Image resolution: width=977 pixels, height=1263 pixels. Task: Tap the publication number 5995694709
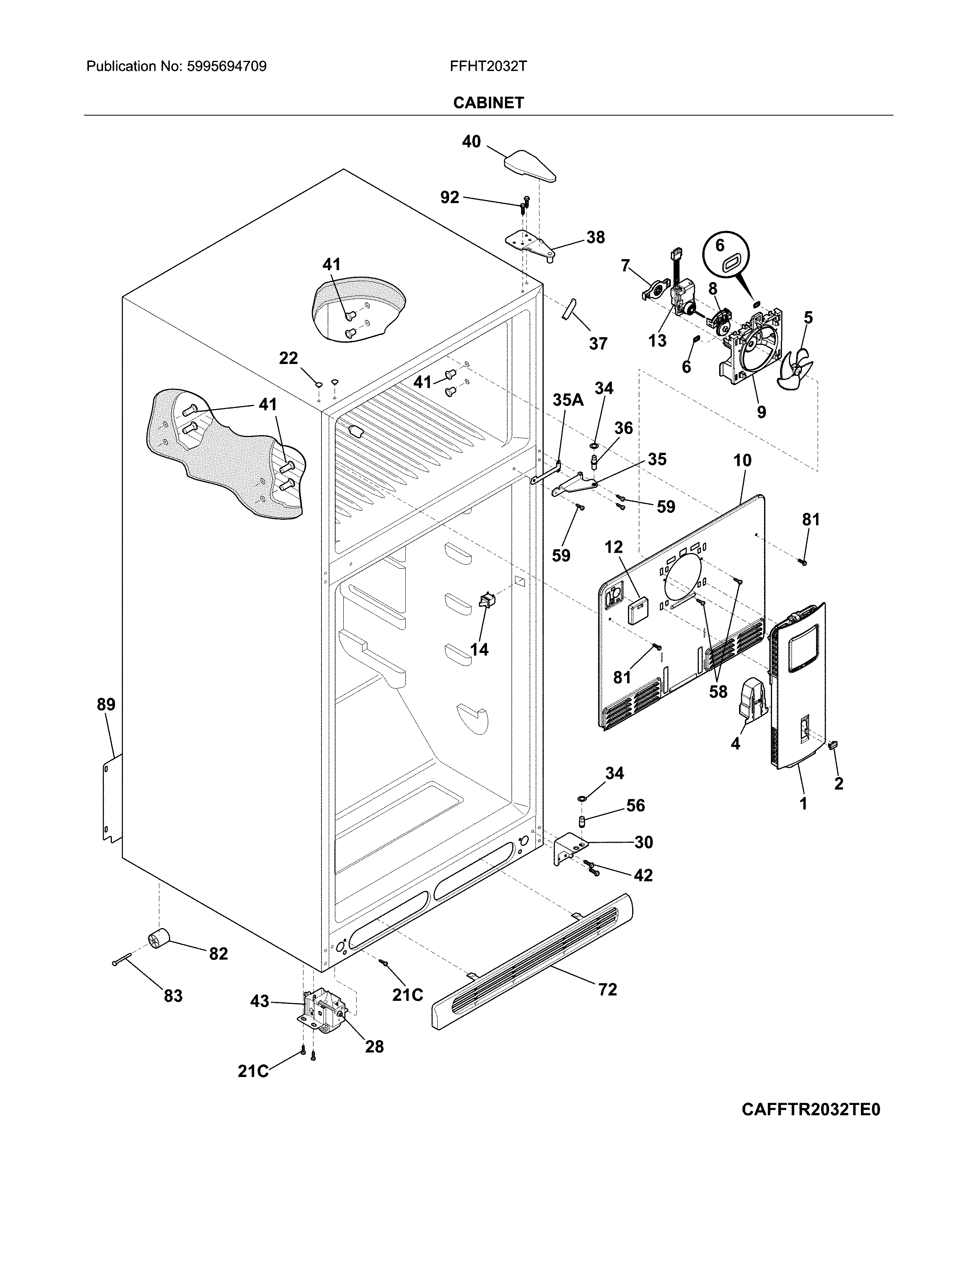pos(226,67)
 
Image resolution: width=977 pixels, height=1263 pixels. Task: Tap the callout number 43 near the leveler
pos(260,1001)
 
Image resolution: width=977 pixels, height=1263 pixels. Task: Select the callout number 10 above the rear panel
pos(742,460)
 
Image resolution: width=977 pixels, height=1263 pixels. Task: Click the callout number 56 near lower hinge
pos(635,806)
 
